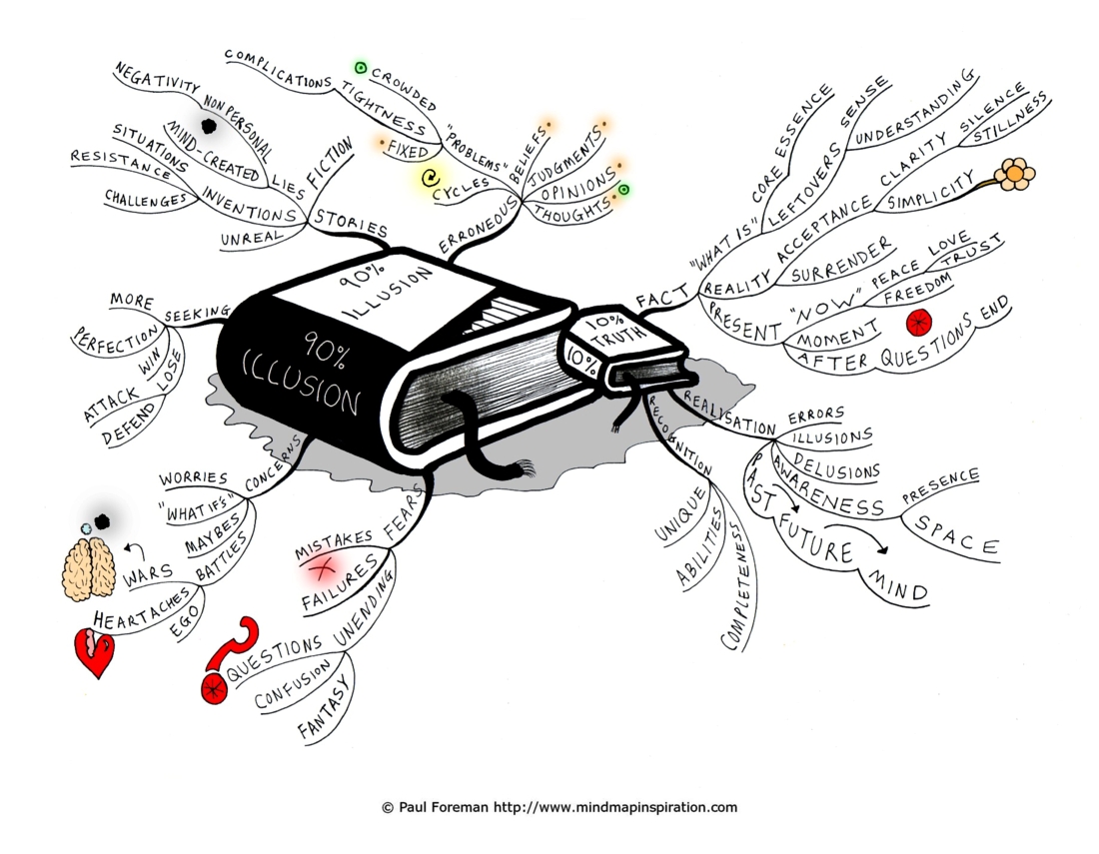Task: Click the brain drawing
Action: [88, 568]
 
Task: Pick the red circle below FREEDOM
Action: [918, 323]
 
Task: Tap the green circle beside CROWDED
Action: [361, 68]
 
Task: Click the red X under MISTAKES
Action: [323, 568]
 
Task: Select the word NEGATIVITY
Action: [158, 79]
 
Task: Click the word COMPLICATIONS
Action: [279, 69]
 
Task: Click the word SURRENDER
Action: [842, 261]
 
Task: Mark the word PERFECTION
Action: [116, 339]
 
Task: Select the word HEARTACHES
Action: [142, 609]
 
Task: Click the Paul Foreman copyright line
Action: [560, 807]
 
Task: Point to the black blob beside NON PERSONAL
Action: [208, 126]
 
